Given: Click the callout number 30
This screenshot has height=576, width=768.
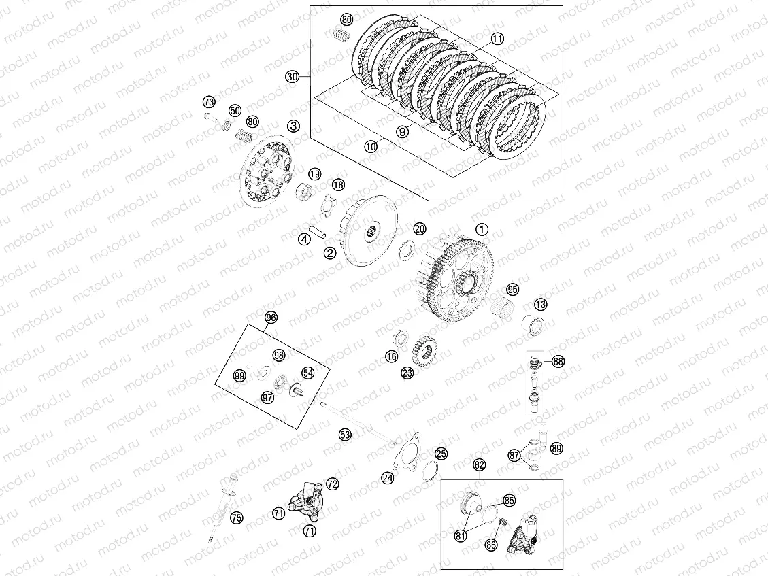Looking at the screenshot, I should [293, 78].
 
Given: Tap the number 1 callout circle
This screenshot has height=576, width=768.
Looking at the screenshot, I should [481, 230].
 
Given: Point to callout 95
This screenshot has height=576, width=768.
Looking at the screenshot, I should [512, 290].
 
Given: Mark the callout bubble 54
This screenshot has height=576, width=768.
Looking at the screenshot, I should [308, 373].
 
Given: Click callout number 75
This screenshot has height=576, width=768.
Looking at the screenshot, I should [236, 518].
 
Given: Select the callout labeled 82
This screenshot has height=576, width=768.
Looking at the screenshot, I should [480, 465].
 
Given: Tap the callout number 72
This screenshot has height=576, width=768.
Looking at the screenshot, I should [332, 484].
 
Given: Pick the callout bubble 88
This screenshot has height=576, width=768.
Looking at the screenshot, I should [558, 361].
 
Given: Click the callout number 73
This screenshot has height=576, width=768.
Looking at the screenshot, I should [208, 102].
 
